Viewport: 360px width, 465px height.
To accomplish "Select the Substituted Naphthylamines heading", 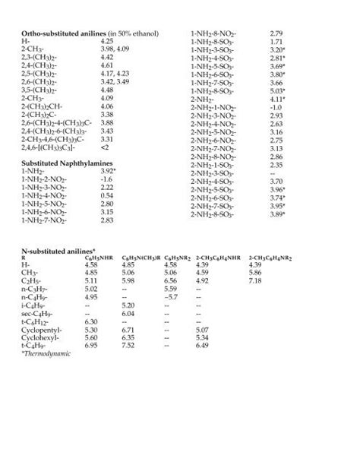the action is pyautogui.click(x=61, y=163).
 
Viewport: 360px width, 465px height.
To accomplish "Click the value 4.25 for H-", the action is pyautogui.click(x=106, y=42).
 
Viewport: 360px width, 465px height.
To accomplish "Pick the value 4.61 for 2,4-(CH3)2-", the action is pyautogui.click(x=106, y=66).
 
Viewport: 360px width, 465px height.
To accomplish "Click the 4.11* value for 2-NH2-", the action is pyautogui.click(x=277, y=99).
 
